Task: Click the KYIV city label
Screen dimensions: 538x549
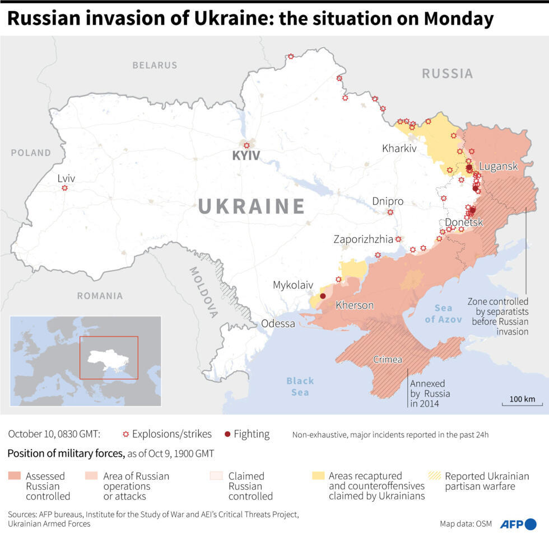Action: point(246,156)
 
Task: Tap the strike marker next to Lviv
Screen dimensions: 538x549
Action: point(64,188)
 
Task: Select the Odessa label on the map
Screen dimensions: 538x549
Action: point(278,324)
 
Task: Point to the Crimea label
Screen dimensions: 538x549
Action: point(388,360)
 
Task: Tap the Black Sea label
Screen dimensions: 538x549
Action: point(300,386)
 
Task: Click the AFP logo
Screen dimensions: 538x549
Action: point(518,524)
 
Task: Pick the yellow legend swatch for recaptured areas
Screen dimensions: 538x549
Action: point(318,476)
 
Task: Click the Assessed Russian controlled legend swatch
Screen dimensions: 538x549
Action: point(15,476)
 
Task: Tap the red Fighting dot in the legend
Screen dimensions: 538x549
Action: point(227,435)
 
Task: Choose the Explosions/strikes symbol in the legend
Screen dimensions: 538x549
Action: point(125,435)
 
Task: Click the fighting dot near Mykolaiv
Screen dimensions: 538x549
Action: point(323,296)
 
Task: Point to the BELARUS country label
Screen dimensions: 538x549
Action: point(155,65)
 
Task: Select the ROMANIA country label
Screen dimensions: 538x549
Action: point(100,296)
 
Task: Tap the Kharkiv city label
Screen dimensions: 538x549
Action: point(399,149)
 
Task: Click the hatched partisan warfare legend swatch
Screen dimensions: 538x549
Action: point(434,476)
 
